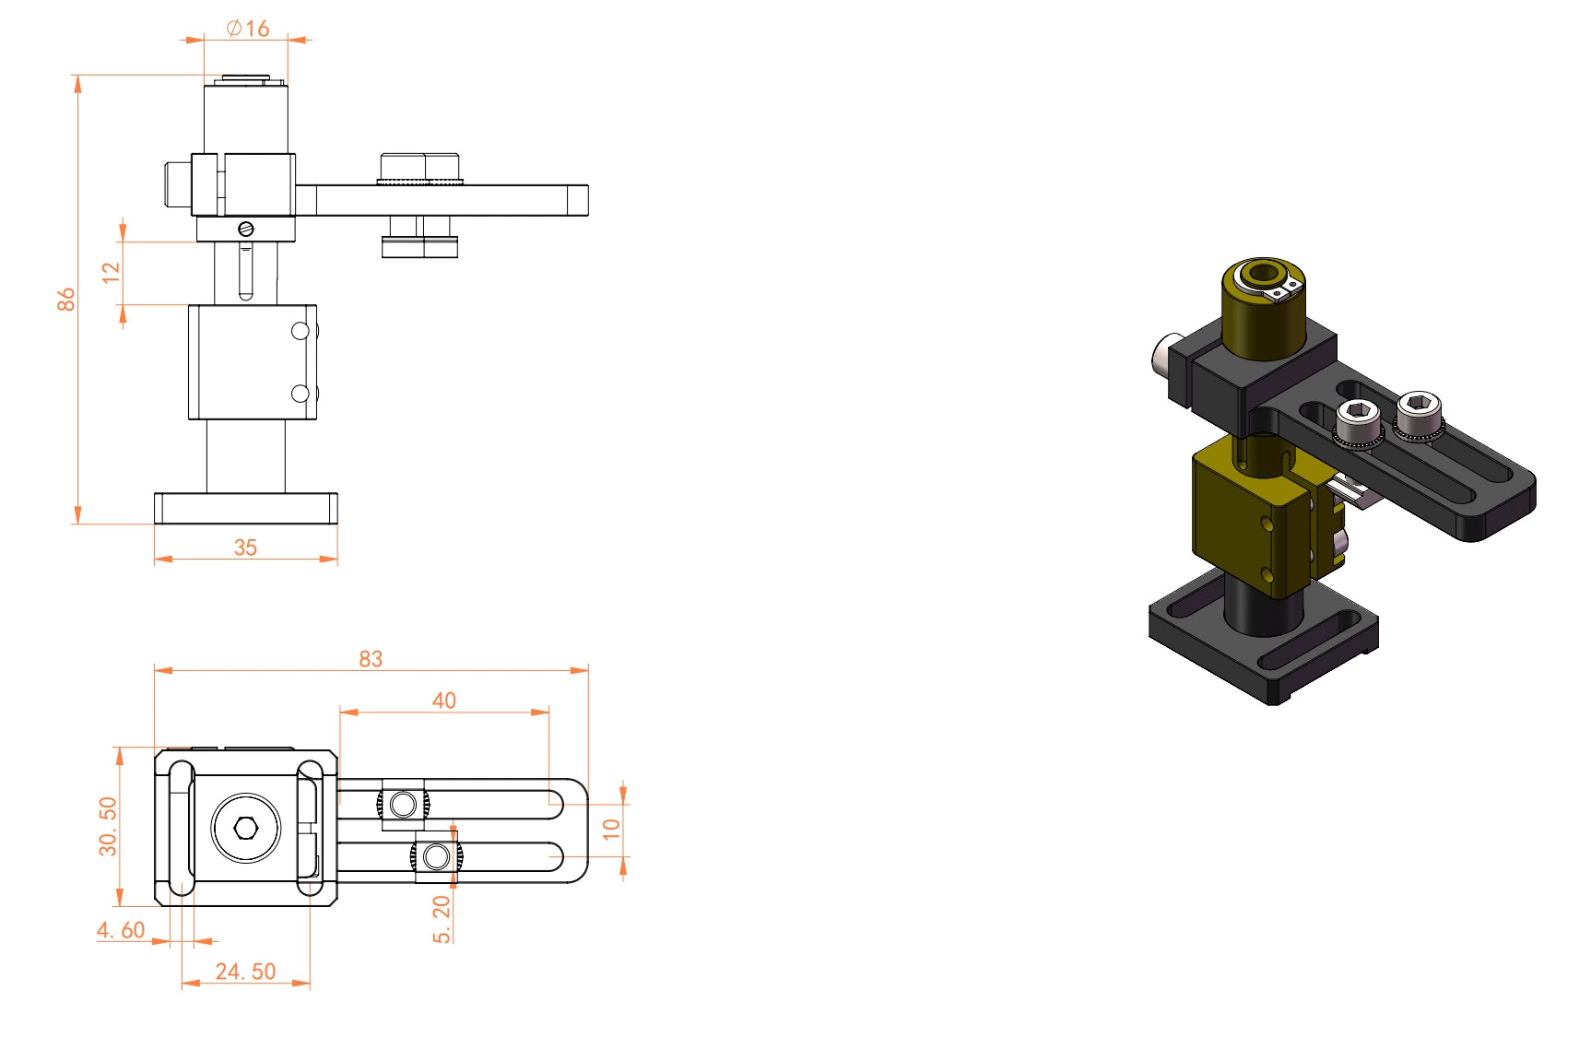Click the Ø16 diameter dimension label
(248, 29)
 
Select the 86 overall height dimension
(65, 299)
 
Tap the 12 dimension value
(112, 272)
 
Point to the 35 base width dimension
(245, 548)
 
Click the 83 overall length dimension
(371, 659)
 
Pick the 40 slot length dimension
(444, 701)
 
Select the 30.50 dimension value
(108, 826)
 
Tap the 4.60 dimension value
(121, 930)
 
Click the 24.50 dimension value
(245, 972)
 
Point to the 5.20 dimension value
(442, 919)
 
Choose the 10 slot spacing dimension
(611, 829)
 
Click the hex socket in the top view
(246, 828)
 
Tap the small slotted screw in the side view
(245, 229)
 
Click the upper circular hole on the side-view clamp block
(301, 331)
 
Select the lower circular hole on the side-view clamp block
(301, 394)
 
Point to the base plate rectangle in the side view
(246, 508)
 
